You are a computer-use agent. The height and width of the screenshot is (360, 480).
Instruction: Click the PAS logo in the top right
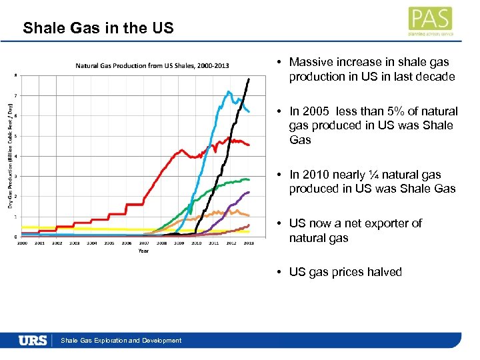click(431, 21)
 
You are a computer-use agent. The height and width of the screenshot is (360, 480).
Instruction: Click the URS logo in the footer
click(33, 340)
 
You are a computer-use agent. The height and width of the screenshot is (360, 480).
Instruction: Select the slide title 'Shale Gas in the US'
click(98, 28)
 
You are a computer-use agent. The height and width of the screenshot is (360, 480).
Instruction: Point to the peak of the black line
click(249, 79)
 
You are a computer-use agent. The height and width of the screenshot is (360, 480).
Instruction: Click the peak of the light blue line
click(229, 91)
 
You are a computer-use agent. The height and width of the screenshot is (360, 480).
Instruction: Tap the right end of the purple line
click(249, 192)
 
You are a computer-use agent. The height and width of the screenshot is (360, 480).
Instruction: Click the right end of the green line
click(249, 179)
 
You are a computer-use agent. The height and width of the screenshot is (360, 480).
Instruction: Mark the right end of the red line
click(249, 145)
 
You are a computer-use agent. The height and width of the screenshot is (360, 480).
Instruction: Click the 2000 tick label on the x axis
click(21, 243)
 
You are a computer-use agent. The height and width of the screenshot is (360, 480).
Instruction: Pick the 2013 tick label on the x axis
click(249, 243)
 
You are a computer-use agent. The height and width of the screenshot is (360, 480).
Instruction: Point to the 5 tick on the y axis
click(16, 135)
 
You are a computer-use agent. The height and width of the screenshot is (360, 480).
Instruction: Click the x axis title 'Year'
click(144, 251)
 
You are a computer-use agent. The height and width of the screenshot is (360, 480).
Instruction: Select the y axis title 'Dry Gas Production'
click(10, 154)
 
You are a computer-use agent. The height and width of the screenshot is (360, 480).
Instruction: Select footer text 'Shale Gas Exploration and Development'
click(121, 341)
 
